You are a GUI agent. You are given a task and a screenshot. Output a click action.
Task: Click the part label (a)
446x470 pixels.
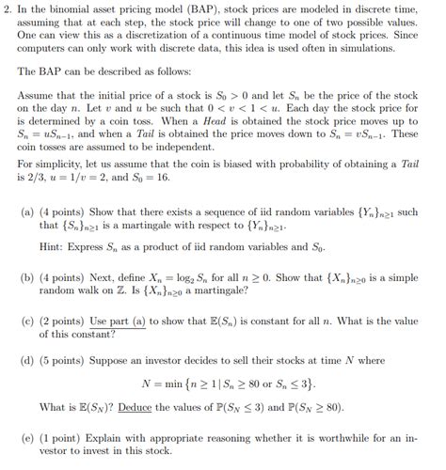pyautogui.click(x=28, y=214)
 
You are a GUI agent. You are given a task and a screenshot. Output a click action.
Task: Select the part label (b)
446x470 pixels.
pyautogui.click(x=28, y=278)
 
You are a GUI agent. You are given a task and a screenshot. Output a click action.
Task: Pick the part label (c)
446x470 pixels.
pyautogui.click(x=28, y=321)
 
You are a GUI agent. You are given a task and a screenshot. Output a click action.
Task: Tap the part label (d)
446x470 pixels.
pyautogui.click(x=28, y=360)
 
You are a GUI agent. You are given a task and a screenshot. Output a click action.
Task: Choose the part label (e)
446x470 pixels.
pyautogui.click(x=28, y=436)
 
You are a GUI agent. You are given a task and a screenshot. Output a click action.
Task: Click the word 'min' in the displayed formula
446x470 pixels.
pyautogui.click(x=174, y=384)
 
